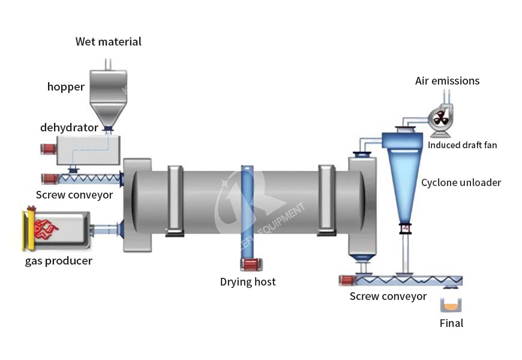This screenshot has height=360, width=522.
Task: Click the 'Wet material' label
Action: [109, 42]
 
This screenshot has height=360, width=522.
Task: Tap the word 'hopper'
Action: [66, 87]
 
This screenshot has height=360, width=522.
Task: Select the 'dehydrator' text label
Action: [69, 127]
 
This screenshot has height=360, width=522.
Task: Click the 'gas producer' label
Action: [59, 261]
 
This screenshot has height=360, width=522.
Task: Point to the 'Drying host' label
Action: [248, 281]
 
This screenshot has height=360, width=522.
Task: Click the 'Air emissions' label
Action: [448, 81]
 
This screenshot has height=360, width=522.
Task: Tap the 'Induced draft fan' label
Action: [462, 145]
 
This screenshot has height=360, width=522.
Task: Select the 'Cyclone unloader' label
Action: [461, 182]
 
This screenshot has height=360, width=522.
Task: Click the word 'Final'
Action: [451, 323]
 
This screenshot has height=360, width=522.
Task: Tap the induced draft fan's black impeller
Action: [440, 118]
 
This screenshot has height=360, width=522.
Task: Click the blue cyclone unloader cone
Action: [404, 180]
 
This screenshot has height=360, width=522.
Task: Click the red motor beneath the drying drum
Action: [248, 265]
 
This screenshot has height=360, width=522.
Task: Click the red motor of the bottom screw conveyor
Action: [346, 280]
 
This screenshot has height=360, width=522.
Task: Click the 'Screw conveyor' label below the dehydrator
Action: [74, 194]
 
